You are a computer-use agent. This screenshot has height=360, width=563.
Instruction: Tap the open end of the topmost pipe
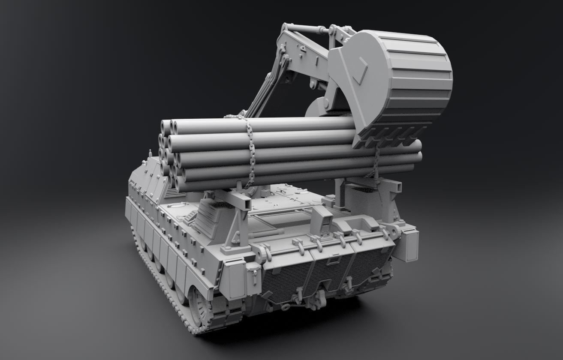(x=166, y=126)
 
